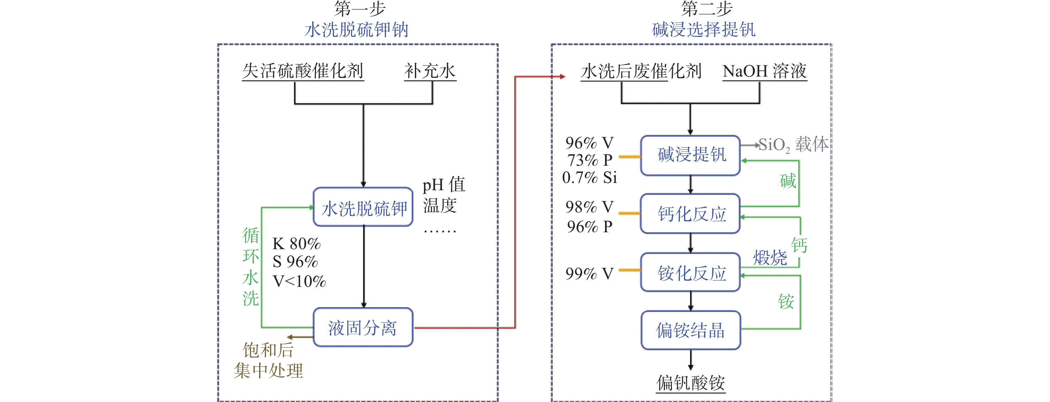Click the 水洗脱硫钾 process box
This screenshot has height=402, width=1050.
(x=363, y=207)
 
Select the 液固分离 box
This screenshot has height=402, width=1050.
(x=363, y=327)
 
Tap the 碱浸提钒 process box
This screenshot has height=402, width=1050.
(x=690, y=155)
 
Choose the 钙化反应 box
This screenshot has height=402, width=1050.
(x=690, y=214)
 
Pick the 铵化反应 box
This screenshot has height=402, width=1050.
(x=690, y=272)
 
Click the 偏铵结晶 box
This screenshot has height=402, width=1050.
(x=690, y=330)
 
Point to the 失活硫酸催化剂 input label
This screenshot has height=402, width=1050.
(x=303, y=71)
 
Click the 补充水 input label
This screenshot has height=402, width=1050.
(x=430, y=71)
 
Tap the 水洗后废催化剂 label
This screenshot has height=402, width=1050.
(x=641, y=71)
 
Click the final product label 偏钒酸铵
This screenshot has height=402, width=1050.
(x=690, y=383)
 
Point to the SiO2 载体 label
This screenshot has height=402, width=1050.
(x=793, y=145)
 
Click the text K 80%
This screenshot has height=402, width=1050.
(x=296, y=244)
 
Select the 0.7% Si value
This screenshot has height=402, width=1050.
(x=589, y=178)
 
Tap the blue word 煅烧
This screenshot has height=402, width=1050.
(x=769, y=258)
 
